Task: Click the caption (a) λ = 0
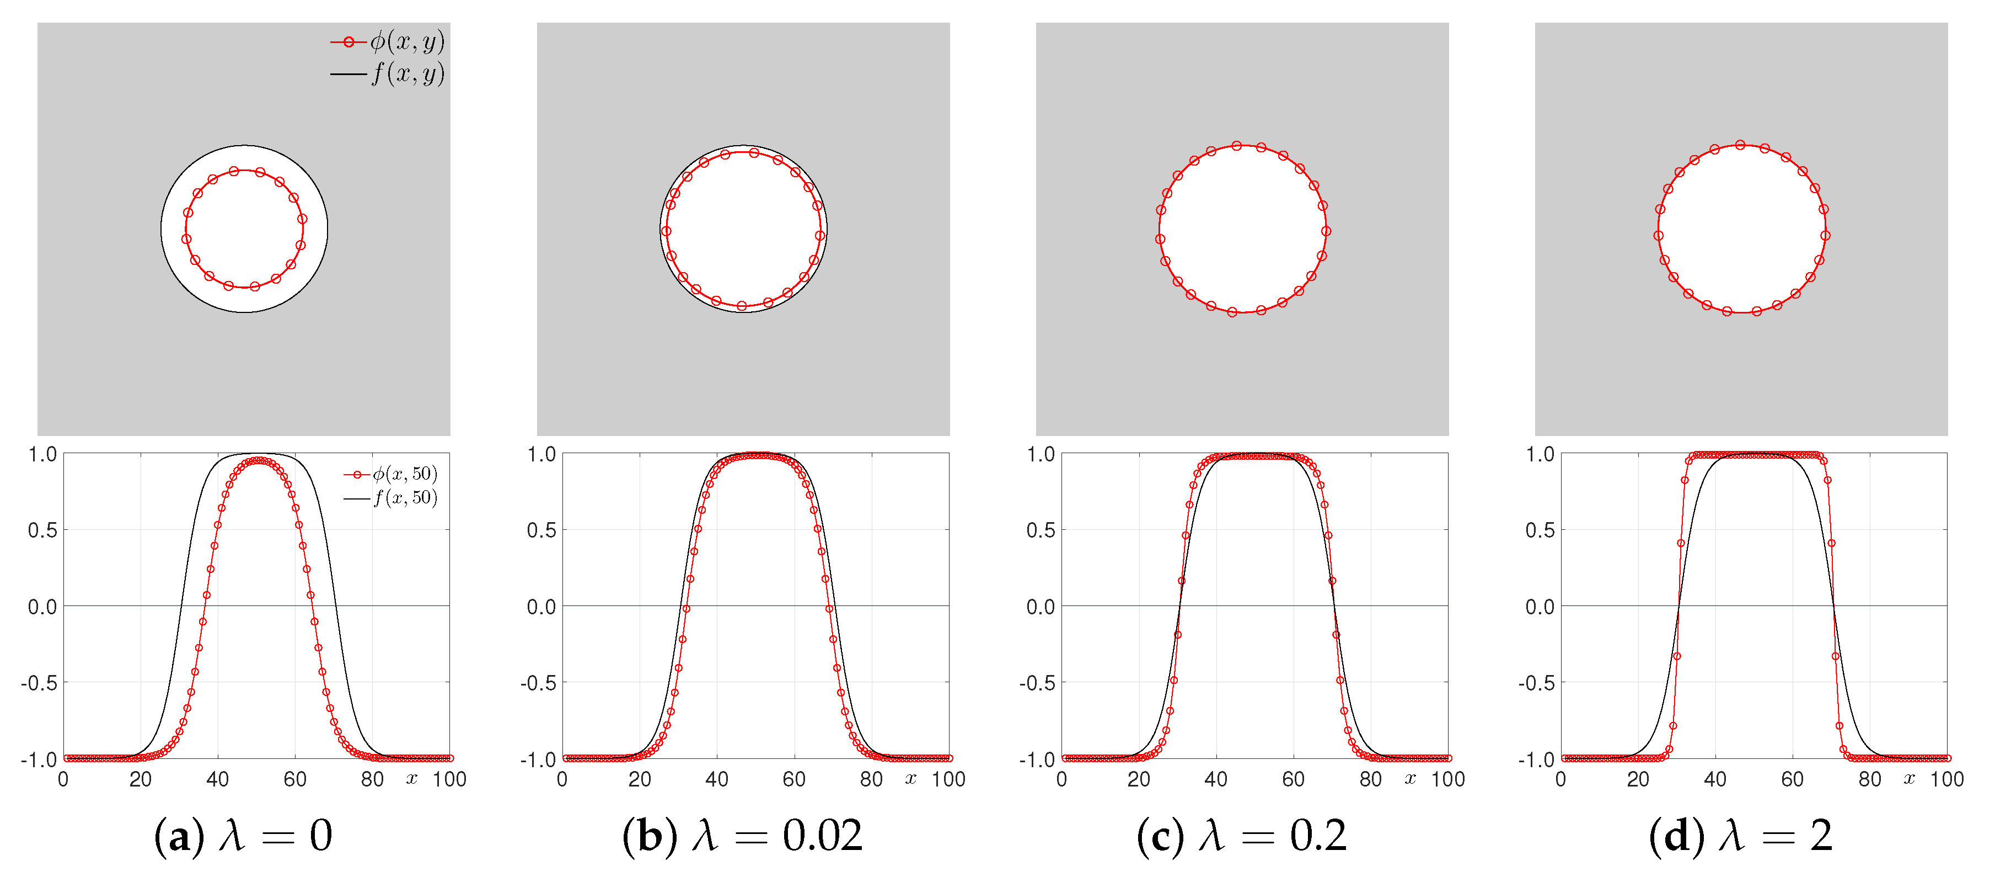(x=243, y=836)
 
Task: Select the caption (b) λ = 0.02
(x=742, y=836)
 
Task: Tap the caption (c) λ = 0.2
(x=1241, y=836)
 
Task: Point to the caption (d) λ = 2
(x=1740, y=836)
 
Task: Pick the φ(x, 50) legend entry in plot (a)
(x=391, y=474)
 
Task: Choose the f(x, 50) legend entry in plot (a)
(x=391, y=498)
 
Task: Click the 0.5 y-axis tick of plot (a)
(x=42, y=530)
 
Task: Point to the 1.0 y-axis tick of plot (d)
(x=1540, y=454)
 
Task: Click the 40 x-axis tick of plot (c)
(x=1216, y=779)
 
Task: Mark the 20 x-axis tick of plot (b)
(x=640, y=779)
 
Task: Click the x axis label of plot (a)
(x=411, y=779)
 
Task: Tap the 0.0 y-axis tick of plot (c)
(x=1040, y=607)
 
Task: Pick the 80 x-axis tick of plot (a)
(x=372, y=779)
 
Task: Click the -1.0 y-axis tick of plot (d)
(x=1537, y=759)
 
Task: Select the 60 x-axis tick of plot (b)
(x=794, y=779)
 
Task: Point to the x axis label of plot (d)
(x=1909, y=779)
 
